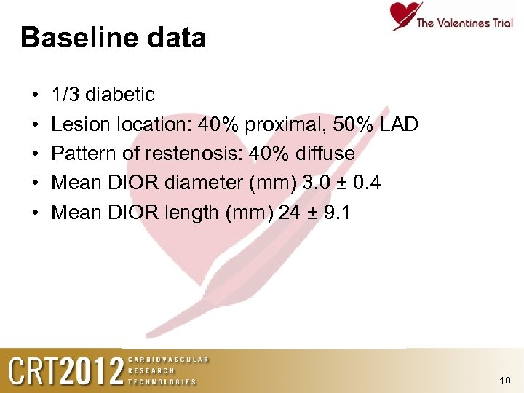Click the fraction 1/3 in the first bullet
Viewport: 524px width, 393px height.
tap(65, 95)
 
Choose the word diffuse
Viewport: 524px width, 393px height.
tap(324, 154)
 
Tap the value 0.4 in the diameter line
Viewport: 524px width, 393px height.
tap(366, 183)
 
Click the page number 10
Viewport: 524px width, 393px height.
tap(506, 381)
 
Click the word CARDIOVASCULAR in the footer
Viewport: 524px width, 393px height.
tap(168, 360)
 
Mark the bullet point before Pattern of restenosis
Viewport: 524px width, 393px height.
tap(34, 154)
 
